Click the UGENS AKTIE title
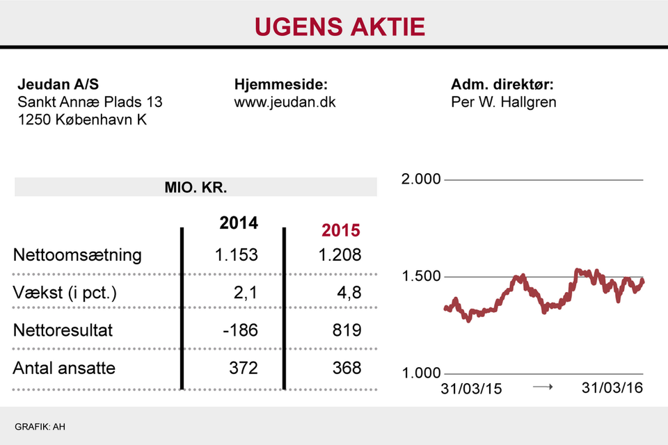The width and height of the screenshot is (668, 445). tap(340, 26)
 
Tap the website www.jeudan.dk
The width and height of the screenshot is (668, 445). tap(285, 102)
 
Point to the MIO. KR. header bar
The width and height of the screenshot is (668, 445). tap(196, 187)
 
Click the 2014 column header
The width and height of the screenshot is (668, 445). tap(238, 223)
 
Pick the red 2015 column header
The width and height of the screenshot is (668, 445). tap(340, 231)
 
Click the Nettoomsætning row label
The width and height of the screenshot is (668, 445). tap(77, 254)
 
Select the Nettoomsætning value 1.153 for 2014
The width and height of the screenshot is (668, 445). tap(237, 254)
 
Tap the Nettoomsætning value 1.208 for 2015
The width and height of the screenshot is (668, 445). tap(340, 254)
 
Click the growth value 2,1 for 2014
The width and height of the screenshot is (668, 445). tap(245, 293)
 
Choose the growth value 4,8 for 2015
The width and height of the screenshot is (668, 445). tap(349, 293)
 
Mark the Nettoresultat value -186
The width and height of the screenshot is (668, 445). tap(240, 330)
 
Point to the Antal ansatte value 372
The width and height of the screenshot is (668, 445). tap(244, 367)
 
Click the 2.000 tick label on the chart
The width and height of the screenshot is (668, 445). tap(422, 179)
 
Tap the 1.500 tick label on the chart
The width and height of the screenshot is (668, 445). tap(422, 277)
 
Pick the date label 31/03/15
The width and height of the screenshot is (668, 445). tap(471, 388)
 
